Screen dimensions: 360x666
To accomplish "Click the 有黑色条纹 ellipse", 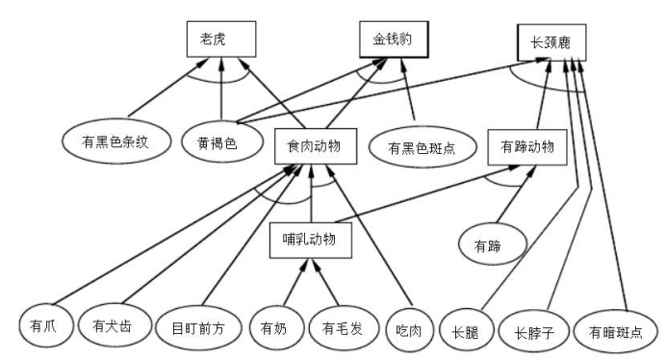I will [x=117, y=142].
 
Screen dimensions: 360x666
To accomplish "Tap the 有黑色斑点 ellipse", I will [x=421, y=148].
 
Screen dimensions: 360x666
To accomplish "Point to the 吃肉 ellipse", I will [x=410, y=325].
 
